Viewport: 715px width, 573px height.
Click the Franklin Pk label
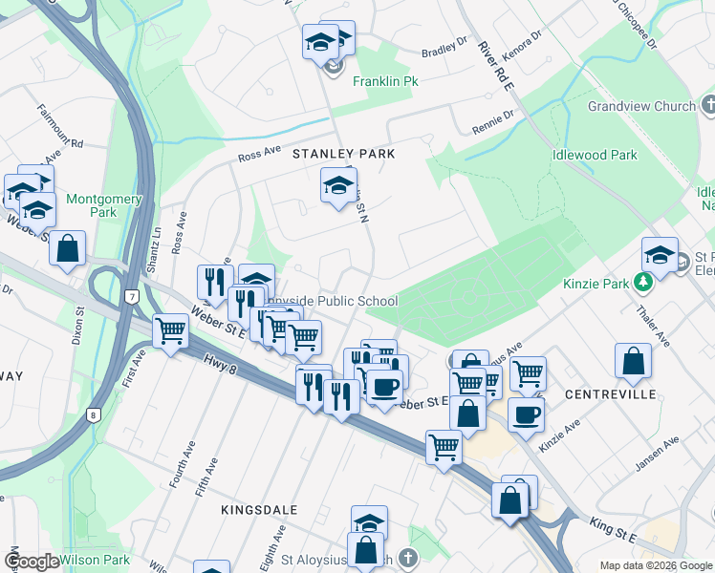(x=386, y=82)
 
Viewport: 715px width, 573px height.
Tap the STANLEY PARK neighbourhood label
(x=343, y=154)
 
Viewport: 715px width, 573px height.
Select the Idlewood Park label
(x=594, y=155)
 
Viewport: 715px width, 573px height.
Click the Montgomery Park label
(x=104, y=206)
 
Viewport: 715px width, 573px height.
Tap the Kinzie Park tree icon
(x=643, y=282)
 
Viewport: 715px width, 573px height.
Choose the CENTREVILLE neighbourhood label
(x=610, y=394)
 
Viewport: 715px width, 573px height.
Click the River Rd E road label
(x=497, y=67)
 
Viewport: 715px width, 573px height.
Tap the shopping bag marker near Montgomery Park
(x=69, y=249)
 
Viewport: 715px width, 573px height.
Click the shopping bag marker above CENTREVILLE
(x=633, y=362)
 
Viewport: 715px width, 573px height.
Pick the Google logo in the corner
(x=32, y=562)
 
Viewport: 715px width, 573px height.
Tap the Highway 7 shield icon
(x=131, y=297)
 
